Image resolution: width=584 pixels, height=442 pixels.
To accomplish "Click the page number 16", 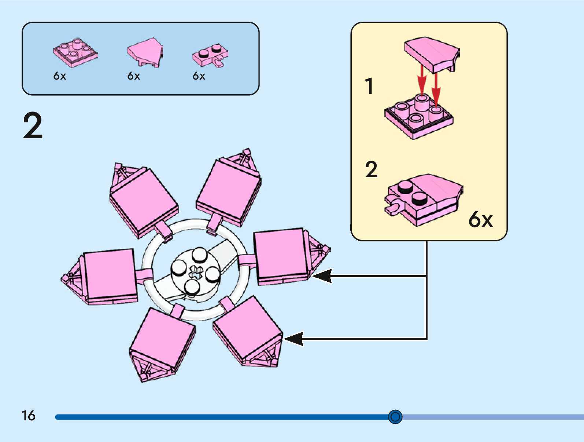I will tap(28, 416).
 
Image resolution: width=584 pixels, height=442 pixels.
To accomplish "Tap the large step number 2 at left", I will tap(33, 126).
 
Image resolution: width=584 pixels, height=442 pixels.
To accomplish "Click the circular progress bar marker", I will tap(395, 417).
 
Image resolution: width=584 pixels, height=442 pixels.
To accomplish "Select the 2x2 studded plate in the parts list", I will tap(75, 52).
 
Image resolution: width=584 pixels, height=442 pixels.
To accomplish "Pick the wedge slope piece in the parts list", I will tap(145, 52).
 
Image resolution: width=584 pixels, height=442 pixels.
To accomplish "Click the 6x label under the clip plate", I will tap(199, 76).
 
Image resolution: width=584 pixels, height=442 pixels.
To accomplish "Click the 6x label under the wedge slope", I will tap(134, 76).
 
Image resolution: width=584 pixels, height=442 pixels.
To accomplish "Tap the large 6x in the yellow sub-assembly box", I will tap(480, 219).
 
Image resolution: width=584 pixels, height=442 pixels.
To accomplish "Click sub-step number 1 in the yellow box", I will tap(369, 87).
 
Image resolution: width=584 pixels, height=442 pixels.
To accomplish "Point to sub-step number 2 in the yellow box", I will tap(371, 169).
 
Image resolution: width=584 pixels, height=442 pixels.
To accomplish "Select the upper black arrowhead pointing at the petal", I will tap(322, 276).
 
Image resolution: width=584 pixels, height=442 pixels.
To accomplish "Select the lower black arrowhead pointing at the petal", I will tap(294, 339).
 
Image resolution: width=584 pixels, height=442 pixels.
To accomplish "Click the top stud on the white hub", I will tap(199, 254).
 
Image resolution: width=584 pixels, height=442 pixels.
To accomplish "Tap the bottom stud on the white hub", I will tap(192, 287).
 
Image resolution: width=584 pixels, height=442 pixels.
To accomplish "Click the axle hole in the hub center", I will tap(196, 273).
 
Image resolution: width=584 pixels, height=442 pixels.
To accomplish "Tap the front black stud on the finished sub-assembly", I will tap(419, 199).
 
